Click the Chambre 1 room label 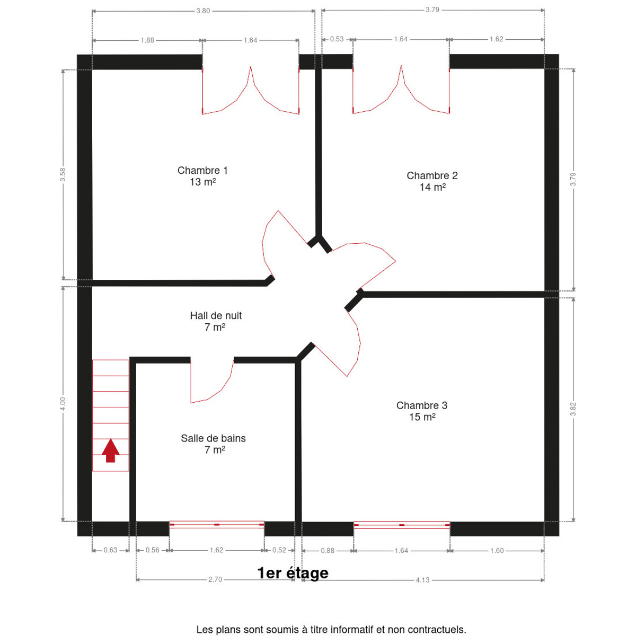(202, 176)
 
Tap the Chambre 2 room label (432, 181)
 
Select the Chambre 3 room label (422, 411)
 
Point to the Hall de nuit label (216, 321)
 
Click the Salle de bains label (213, 444)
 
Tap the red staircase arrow (111, 450)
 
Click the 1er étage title (293, 573)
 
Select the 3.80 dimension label (203, 11)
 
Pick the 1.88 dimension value (147, 40)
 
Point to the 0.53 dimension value (337, 39)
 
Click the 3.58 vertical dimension (63, 174)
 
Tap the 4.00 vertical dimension (63, 404)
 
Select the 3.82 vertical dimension (573, 409)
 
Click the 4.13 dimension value (422, 580)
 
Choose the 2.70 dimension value (215, 580)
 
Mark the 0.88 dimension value (328, 551)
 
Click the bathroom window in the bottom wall (217, 525)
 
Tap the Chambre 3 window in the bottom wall (402, 525)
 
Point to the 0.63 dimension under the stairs (110, 550)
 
